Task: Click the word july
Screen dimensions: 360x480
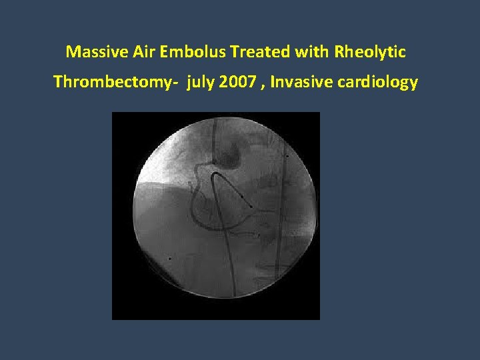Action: point(201,83)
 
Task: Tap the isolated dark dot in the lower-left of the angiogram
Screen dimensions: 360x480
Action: point(170,258)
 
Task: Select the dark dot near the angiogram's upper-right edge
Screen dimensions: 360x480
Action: point(287,156)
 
